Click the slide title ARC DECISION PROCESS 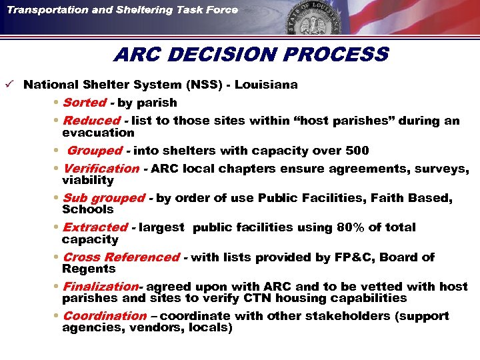250,54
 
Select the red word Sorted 84,103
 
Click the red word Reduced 91,121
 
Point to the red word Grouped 95,151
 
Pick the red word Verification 101,169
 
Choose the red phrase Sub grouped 103,198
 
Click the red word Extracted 95,227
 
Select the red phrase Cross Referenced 121,257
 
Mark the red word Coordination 104,316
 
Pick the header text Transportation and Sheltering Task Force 123,9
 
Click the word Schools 88,209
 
